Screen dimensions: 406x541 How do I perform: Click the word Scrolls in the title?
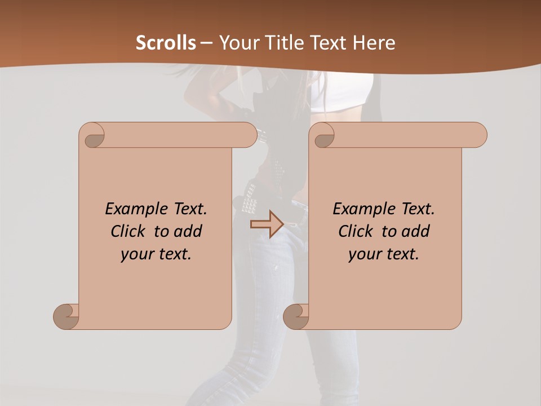tap(166, 43)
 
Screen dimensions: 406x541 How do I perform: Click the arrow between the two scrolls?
tap(267, 224)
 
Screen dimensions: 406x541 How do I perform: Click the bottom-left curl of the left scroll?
tap(65, 316)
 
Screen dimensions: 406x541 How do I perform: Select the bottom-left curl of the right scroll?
tap(295, 316)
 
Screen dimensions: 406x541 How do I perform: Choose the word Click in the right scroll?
tap(357, 231)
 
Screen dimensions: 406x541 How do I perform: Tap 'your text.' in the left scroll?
tap(156, 254)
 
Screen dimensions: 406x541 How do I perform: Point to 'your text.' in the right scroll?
tap(384, 254)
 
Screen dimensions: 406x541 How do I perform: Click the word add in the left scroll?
tap(188, 231)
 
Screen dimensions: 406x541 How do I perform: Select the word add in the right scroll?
tap(415, 231)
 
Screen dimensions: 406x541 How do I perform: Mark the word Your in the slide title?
tap(237, 43)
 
